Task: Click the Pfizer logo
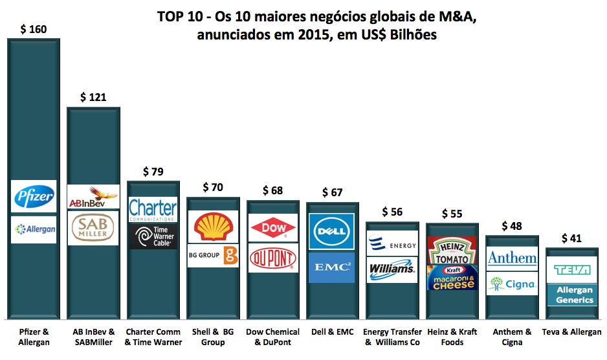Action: pyautogui.click(x=34, y=196)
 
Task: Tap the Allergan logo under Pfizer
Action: pyautogui.click(x=34, y=229)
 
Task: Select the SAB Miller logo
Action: pyautogui.click(x=93, y=227)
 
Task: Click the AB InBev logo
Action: pyautogui.click(x=93, y=197)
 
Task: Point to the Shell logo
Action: pyautogui.click(x=212, y=227)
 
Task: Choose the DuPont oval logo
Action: pyautogui.click(x=272, y=258)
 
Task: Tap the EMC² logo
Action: pyautogui.click(x=331, y=267)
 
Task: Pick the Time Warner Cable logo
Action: pyautogui.click(x=153, y=236)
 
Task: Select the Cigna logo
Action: pyautogui.click(x=512, y=284)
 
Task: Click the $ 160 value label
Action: pyautogui.click(x=34, y=30)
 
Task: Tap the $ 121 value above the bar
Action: pyautogui.click(x=93, y=98)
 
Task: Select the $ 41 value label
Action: pyautogui.click(x=571, y=238)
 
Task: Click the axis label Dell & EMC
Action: pyautogui.click(x=331, y=332)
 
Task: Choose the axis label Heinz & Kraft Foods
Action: pyautogui.click(x=452, y=337)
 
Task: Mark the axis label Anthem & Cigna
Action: pyautogui.click(x=512, y=337)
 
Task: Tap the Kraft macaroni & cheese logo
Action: pyautogui.click(x=452, y=278)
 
